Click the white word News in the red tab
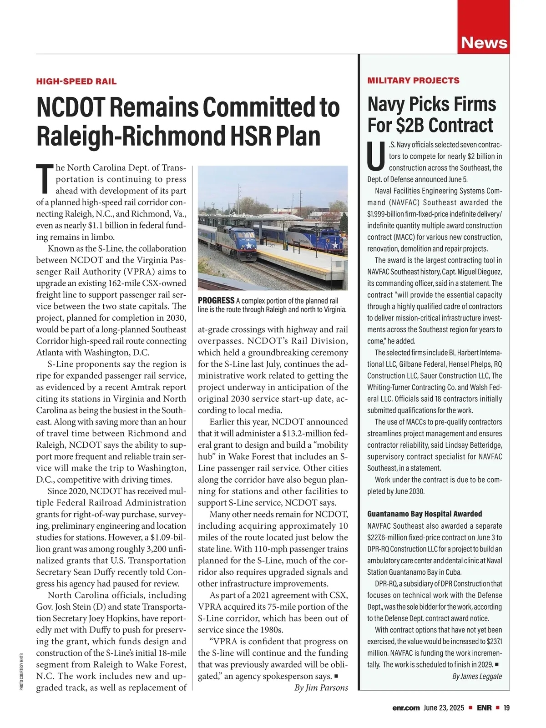point(484,43)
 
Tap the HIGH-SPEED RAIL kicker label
point(76,81)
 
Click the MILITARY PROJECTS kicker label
point(413,81)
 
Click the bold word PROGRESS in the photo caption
point(216,301)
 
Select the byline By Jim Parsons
point(321,688)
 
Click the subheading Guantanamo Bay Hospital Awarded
point(425,514)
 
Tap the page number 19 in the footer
point(506,708)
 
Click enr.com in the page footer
point(406,708)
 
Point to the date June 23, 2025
point(444,708)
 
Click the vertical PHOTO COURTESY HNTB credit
point(21,672)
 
